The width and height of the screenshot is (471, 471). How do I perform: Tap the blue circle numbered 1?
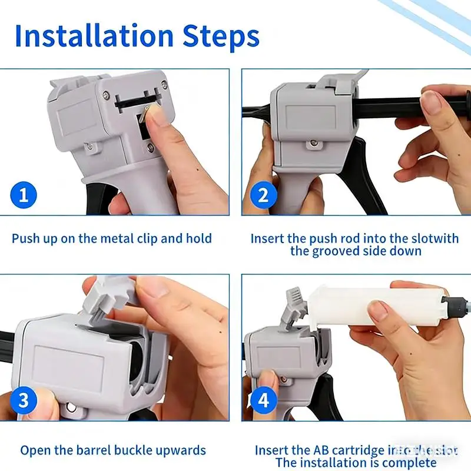pos(24,195)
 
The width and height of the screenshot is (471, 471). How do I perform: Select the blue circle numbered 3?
pos(24,401)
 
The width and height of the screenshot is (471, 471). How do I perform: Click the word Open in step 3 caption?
pos(35,450)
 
